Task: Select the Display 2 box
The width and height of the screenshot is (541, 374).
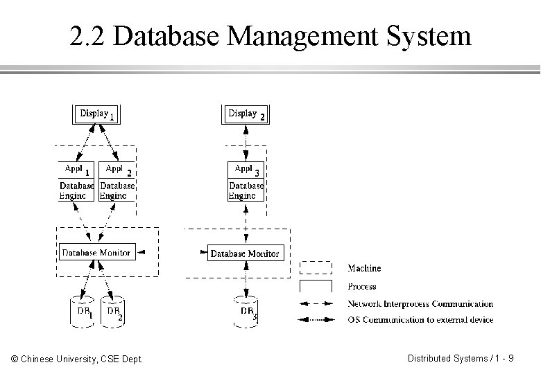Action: [x=246, y=114]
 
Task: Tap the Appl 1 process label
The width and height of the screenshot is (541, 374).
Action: [x=76, y=170]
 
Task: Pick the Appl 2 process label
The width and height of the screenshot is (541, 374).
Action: [x=117, y=170]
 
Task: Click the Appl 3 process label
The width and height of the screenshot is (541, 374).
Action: [x=246, y=170]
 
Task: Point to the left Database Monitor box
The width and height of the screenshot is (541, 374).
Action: [x=96, y=253]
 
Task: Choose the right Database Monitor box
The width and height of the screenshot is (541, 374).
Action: [x=245, y=253]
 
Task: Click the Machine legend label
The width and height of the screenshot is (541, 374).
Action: [x=364, y=268]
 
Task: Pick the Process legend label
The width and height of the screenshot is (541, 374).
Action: [x=361, y=286]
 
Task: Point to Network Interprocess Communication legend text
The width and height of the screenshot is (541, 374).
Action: [x=420, y=304]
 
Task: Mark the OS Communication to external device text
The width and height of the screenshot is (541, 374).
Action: [x=420, y=320]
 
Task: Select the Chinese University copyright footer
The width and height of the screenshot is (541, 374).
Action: [x=78, y=359]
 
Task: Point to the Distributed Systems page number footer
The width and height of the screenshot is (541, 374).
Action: [x=461, y=358]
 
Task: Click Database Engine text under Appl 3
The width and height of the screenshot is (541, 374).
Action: [x=246, y=190]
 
